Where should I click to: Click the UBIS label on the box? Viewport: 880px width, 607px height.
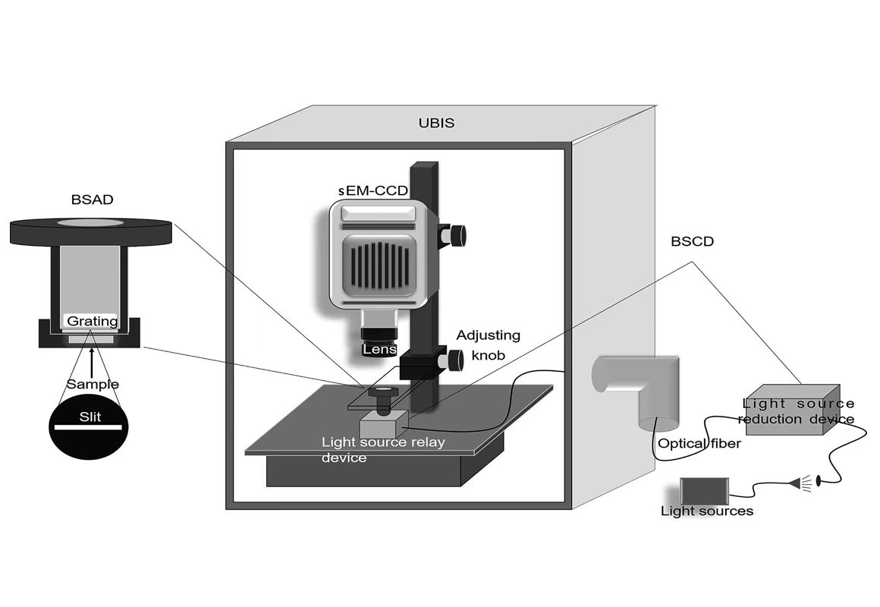point(436,122)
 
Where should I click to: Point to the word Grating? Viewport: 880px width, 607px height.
point(93,321)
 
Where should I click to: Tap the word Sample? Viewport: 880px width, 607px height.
point(93,384)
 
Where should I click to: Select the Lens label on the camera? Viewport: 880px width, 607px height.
point(377,349)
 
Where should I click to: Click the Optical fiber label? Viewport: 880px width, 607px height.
point(699,443)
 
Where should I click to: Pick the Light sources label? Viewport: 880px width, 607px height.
point(707,511)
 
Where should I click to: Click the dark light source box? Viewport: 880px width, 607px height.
point(705,489)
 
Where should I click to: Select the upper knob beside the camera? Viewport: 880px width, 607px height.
point(457,234)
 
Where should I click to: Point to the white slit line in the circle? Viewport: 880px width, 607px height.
point(85,427)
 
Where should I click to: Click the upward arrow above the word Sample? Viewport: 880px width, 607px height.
point(93,360)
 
